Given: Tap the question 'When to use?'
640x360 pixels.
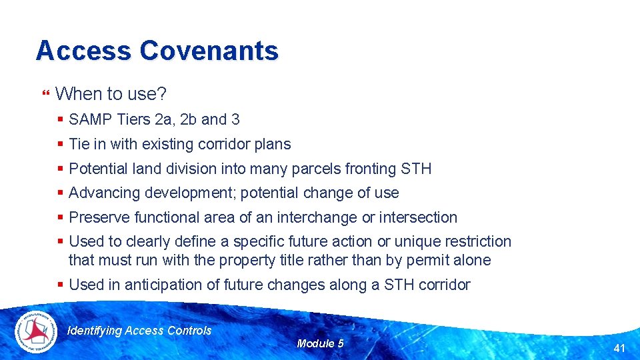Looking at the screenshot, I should [x=111, y=94].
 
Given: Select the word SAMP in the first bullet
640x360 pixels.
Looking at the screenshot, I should [x=90, y=120].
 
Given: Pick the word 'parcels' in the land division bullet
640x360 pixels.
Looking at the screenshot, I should [x=316, y=169].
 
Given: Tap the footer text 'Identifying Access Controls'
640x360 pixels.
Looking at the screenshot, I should [x=140, y=331].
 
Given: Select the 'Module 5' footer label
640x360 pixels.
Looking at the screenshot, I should [x=320, y=343].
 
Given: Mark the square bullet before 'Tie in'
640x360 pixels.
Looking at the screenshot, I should [x=61, y=144].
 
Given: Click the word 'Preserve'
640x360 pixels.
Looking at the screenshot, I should [x=99, y=217].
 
